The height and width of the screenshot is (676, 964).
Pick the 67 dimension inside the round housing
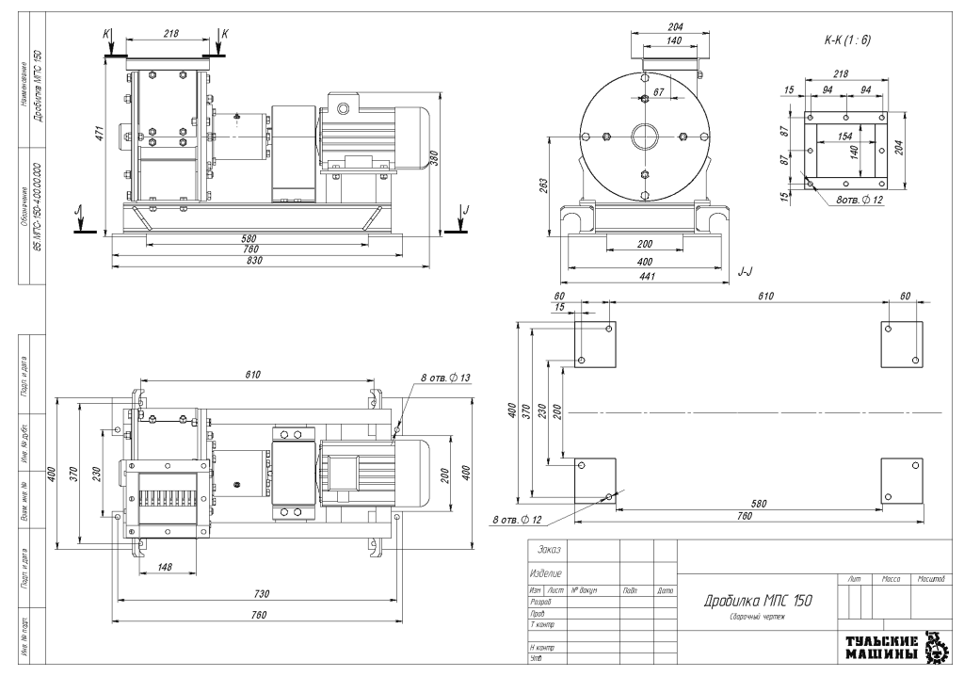(658, 91)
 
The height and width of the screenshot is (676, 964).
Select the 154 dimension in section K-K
(844, 137)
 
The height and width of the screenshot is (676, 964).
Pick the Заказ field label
(547, 550)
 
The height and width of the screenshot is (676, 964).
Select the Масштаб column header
(930, 576)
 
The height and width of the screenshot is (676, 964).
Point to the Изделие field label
(548, 572)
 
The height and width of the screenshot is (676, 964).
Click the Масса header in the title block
(891, 576)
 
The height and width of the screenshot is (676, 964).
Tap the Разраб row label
(541, 600)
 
